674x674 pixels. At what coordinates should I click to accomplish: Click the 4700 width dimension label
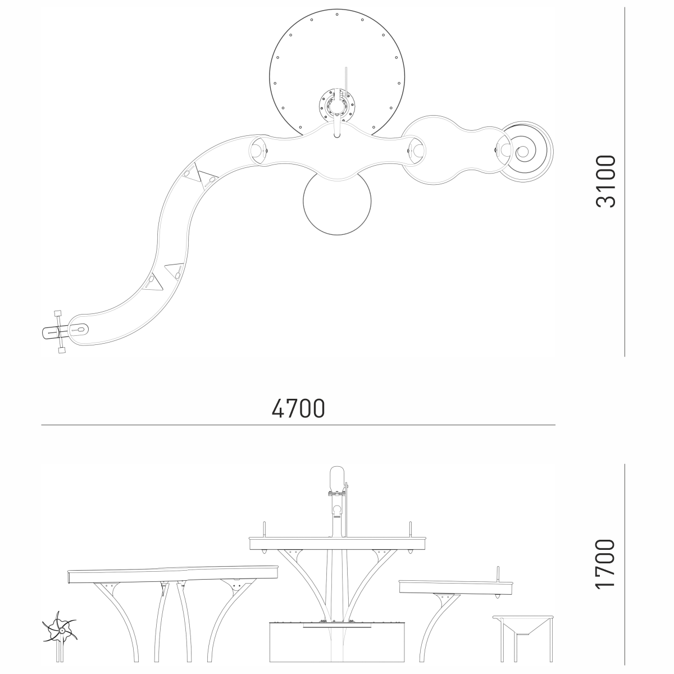coord(298,408)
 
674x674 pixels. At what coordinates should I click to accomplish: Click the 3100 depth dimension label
coord(605,181)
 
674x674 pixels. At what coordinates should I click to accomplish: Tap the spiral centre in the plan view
coord(523,152)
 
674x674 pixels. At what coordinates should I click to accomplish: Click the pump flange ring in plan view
coord(337,105)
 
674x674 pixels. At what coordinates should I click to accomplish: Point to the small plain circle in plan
coord(337,201)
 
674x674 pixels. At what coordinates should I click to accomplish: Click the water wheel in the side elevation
coord(60,631)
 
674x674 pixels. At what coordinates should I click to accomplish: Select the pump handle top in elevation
coord(337,477)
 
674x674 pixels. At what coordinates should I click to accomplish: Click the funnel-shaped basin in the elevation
coord(523,625)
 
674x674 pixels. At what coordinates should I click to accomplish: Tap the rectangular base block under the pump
coord(337,640)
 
